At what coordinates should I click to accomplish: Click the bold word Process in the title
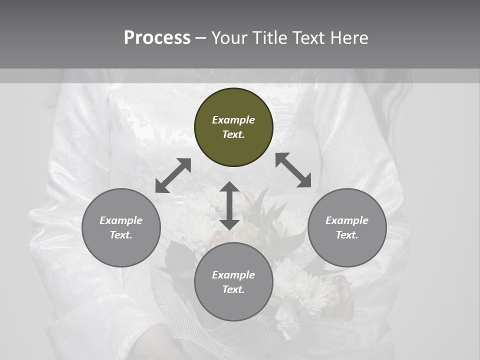tap(157, 38)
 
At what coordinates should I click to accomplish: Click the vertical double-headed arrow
tap(229, 205)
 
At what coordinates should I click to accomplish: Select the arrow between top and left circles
tap(173, 175)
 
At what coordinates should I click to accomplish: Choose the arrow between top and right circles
tap(293, 170)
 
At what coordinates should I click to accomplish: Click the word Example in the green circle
tap(233, 120)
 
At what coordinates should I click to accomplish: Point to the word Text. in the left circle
tap(121, 235)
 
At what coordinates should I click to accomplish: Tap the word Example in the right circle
tap(347, 220)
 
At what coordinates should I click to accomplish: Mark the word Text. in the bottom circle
tap(233, 289)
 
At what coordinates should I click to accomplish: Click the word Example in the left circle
tap(121, 220)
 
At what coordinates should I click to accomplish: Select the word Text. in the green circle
tap(233, 134)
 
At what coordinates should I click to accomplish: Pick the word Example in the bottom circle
tap(233, 275)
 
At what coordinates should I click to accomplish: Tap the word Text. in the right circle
tap(347, 235)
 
